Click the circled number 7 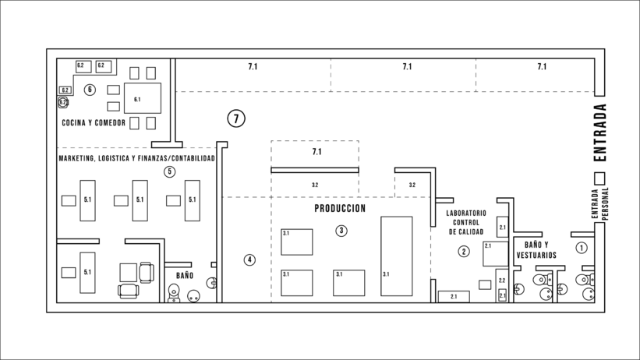click(236, 118)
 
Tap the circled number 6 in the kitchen click(90, 90)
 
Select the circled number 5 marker click(169, 172)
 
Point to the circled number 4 click(249, 259)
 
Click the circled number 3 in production click(341, 231)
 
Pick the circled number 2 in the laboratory click(463, 252)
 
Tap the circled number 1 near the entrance click(582, 248)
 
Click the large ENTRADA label click(600, 132)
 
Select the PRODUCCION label click(340, 209)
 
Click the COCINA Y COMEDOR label click(94, 123)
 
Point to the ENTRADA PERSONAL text click(599, 203)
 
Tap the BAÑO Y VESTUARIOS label click(536, 250)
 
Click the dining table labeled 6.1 click(143, 98)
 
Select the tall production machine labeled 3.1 click(396, 256)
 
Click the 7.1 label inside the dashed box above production click(316, 152)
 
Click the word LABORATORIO click(466, 213)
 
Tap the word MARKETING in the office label click(76, 158)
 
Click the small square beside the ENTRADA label click(599, 178)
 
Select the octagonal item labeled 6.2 click(63, 102)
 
